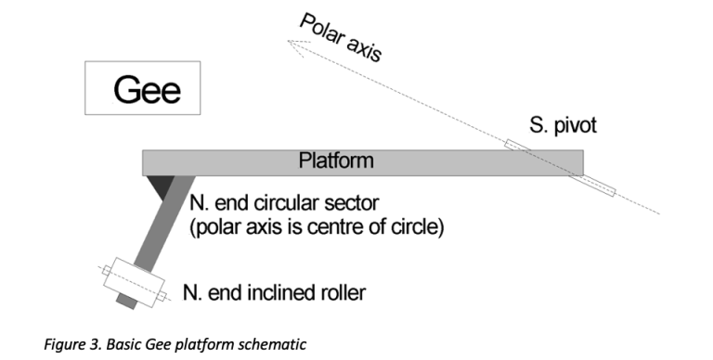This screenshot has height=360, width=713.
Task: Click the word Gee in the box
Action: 146,89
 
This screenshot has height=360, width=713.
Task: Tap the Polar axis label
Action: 340,38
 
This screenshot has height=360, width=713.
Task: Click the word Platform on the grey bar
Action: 336,161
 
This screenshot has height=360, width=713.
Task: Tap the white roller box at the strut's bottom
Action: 135,280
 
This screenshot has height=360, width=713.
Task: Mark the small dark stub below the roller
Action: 123,302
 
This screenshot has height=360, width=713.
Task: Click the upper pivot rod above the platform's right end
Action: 517,146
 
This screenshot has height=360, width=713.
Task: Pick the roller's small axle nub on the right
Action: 164,296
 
